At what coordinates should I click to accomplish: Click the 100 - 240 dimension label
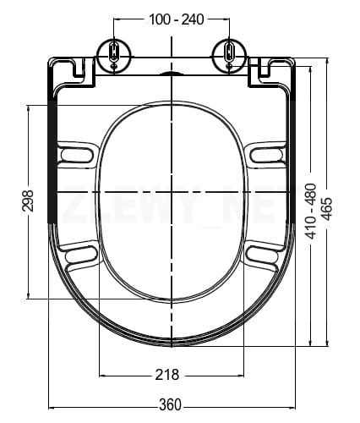click(176, 19)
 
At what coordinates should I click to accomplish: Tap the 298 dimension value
click(28, 201)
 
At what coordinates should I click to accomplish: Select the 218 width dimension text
click(167, 375)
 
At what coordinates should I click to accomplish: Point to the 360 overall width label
click(171, 404)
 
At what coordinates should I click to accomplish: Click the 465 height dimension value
click(327, 209)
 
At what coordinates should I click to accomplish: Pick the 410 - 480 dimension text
click(311, 211)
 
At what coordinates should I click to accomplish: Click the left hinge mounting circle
click(114, 53)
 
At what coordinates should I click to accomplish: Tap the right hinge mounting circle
click(229, 53)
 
